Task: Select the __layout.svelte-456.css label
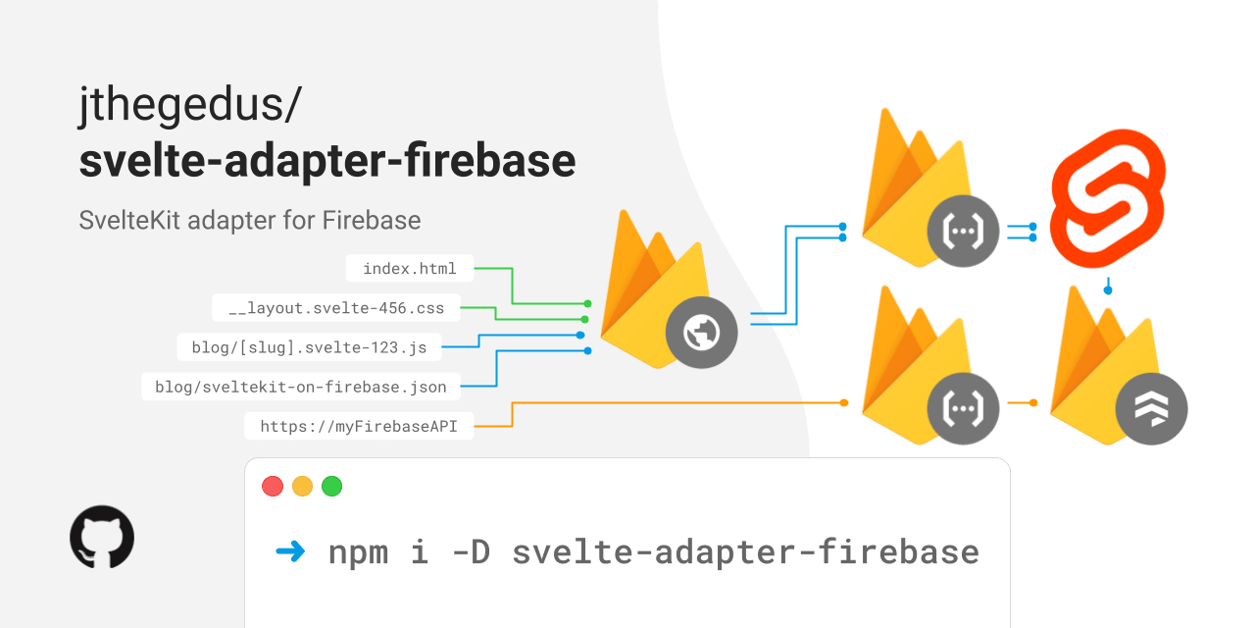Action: coord(336,308)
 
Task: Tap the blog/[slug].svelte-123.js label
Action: coord(309,346)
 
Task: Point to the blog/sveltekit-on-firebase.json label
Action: coord(301,387)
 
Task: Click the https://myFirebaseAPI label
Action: coord(358,426)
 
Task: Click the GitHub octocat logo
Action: coord(102,537)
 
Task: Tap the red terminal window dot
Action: coord(273,486)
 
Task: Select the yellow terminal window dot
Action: coord(302,486)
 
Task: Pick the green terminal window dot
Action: coord(331,486)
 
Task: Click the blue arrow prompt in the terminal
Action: coord(290,551)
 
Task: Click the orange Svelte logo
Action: coord(1108,200)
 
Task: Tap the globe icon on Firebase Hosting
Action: coord(701,334)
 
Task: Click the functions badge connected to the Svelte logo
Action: coord(963,233)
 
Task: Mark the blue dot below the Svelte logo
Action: coord(1108,289)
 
